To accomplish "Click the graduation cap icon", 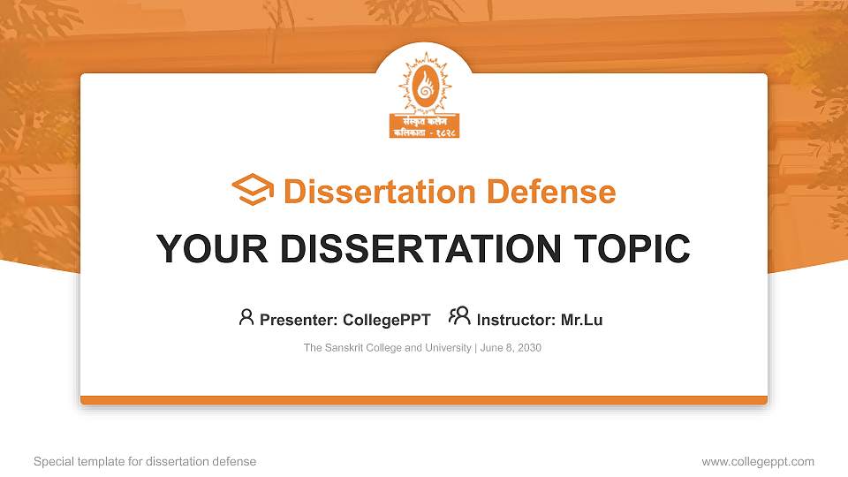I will [253, 191].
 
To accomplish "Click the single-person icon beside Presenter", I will [246, 317].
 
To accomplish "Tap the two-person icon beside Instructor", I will [459, 316].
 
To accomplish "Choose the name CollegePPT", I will [387, 320].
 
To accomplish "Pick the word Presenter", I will [296, 320].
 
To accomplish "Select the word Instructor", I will [514, 320].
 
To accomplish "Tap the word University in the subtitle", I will [448, 348].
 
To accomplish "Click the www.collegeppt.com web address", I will [758, 461].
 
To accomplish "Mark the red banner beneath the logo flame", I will [424, 125].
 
